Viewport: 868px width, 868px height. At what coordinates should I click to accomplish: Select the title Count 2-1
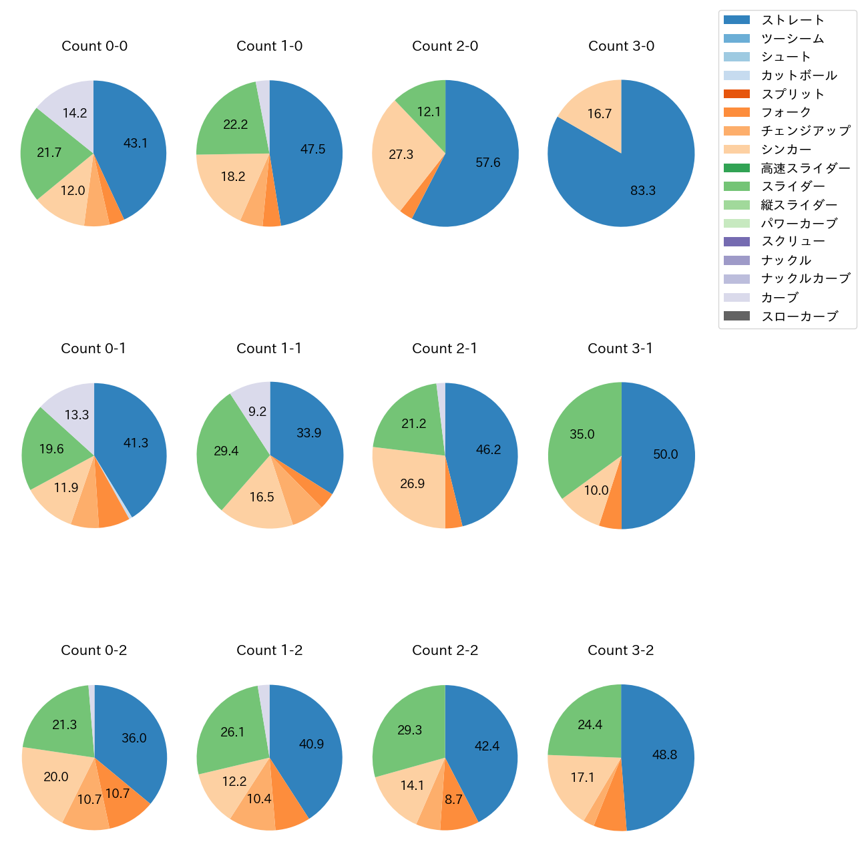coord(445,349)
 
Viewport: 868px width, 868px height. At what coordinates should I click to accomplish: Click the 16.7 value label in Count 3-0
coord(600,114)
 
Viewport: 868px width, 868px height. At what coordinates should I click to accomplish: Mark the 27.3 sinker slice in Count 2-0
coord(401,155)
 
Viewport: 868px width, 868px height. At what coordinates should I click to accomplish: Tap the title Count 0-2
coord(94,650)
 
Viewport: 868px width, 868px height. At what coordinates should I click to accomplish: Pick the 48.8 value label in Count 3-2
coord(664,754)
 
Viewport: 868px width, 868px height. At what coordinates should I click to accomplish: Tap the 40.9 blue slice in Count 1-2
coord(310,744)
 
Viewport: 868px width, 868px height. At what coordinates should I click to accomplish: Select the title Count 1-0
coord(270,46)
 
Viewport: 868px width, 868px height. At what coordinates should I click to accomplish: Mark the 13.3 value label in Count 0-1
coord(77,415)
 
